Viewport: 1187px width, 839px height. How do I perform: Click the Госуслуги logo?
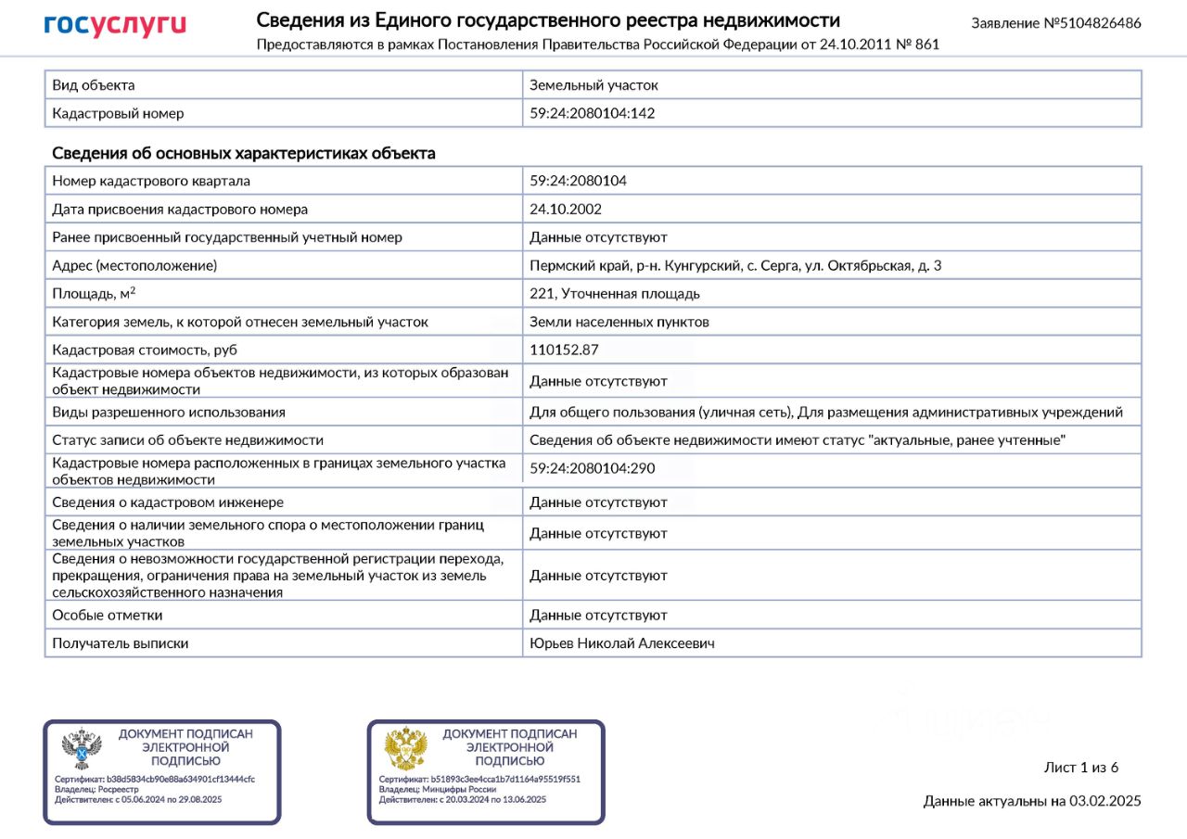[x=115, y=25]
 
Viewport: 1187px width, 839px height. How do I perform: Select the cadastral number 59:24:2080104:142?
[x=593, y=113]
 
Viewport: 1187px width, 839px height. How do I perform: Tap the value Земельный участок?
[x=593, y=85]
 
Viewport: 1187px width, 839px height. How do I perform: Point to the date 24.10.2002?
[x=566, y=210]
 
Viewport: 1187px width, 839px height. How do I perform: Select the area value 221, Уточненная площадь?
[x=615, y=294]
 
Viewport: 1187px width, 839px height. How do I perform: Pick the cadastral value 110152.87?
[x=565, y=350]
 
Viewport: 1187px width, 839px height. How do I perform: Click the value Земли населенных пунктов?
[x=619, y=322]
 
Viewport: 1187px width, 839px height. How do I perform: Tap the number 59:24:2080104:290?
[x=593, y=468]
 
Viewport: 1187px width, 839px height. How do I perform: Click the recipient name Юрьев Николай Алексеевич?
[x=622, y=643]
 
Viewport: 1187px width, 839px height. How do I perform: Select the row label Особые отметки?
[x=108, y=616]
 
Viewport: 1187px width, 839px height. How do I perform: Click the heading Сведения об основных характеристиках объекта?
[x=244, y=153]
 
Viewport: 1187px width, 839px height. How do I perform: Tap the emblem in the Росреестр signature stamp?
[x=82, y=748]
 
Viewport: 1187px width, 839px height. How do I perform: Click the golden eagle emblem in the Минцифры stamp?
[x=405, y=748]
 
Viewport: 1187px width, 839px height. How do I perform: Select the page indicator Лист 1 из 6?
[x=1081, y=768]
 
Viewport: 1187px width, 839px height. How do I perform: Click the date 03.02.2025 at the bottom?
[x=1105, y=801]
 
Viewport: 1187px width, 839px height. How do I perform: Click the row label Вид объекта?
[x=94, y=85]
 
